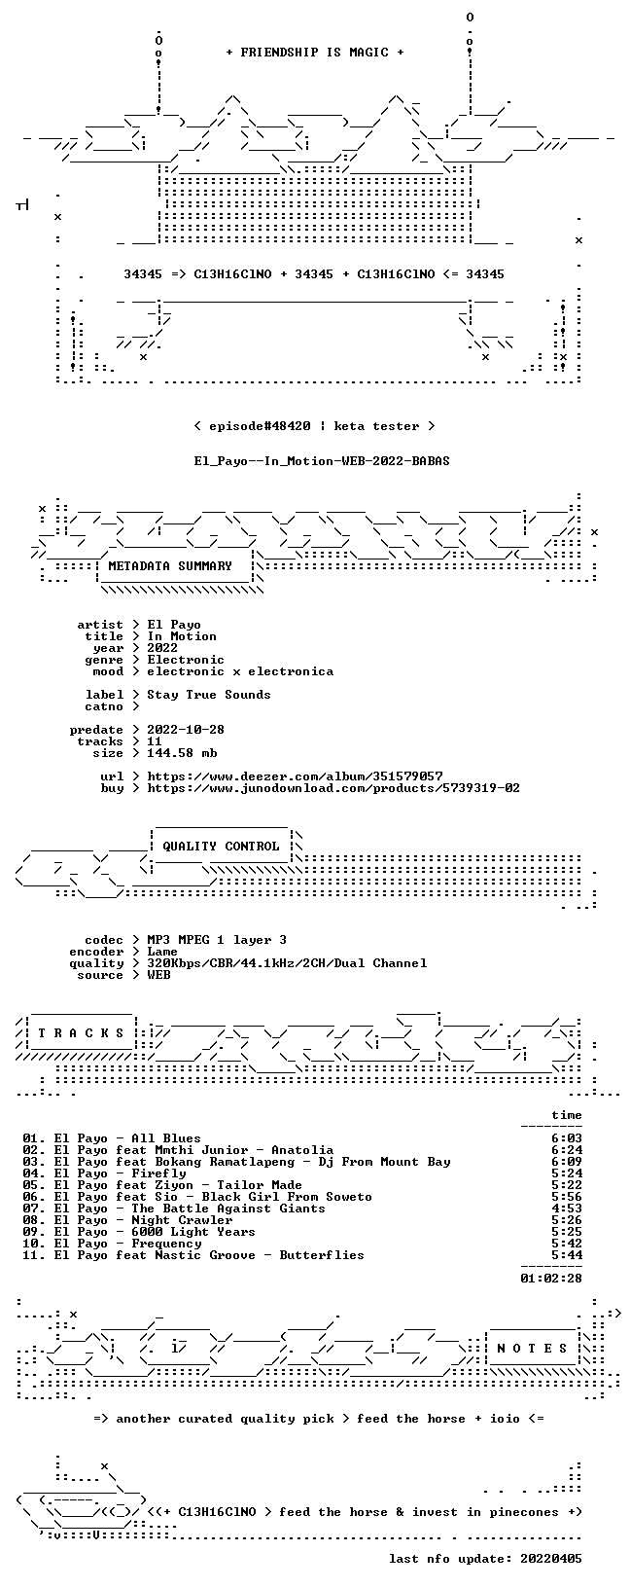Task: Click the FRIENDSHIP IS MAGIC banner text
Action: pos(315,53)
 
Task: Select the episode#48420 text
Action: pos(261,426)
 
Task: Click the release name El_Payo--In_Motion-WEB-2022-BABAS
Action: pos(322,461)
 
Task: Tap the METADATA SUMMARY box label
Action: pos(170,565)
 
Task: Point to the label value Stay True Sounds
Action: pos(209,695)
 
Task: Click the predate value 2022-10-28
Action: pos(186,730)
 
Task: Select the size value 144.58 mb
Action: pos(182,753)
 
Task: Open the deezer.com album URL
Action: pos(295,776)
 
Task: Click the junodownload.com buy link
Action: pos(333,787)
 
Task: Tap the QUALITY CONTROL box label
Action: pos(221,846)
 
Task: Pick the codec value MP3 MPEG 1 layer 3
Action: pos(217,940)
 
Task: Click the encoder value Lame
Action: pos(162,952)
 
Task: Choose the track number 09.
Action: pos(30,1232)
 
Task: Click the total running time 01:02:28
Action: pos(551,1279)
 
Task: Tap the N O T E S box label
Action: pos(532,1349)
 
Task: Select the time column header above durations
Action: pos(567,1115)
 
